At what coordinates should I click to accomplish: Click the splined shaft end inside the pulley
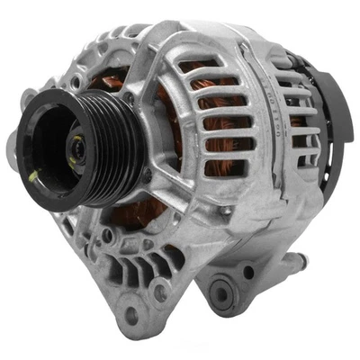point(79,144)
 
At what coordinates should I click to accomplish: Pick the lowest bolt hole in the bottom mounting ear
point(132,314)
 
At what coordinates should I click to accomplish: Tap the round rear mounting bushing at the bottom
point(224,290)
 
